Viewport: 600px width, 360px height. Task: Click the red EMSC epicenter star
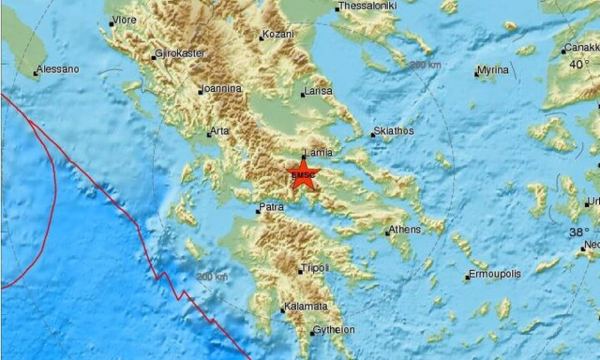[x=303, y=173]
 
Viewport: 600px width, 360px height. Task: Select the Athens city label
[x=407, y=230]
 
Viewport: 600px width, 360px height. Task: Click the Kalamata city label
[x=306, y=307]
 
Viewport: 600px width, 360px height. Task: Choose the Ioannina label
[x=221, y=89]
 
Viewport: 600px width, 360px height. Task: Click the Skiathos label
[x=394, y=132]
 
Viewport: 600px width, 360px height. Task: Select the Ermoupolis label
[x=498, y=276]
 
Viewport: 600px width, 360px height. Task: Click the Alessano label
[x=58, y=69]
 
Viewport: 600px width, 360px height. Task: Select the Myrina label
[x=493, y=71]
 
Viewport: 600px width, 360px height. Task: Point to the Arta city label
[x=218, y=131]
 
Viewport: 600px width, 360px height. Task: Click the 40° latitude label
[x=579, y=64]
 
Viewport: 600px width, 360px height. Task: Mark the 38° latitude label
[x=579, y=232]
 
